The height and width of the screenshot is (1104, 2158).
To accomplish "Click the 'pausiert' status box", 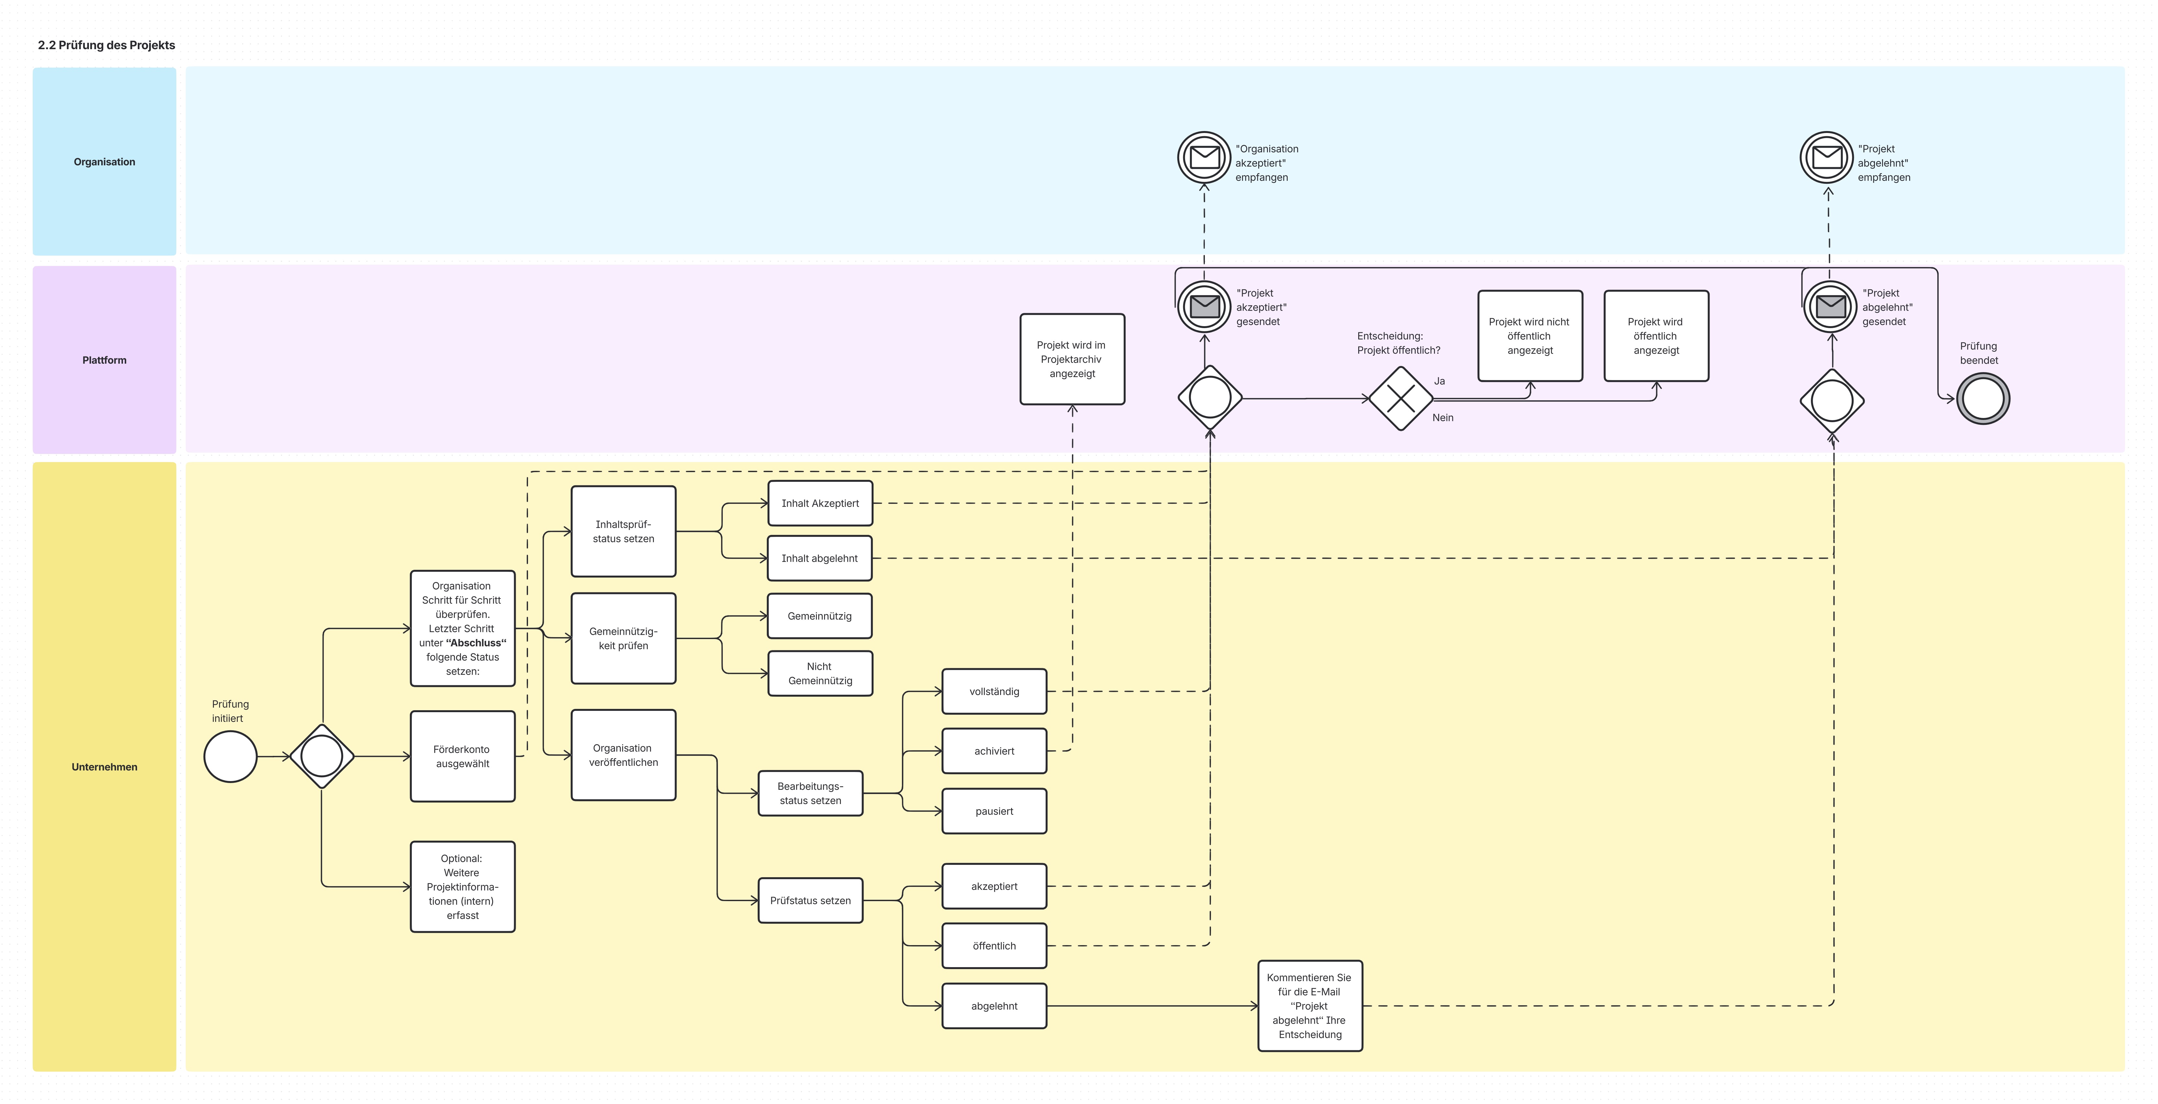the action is [x=994, y=811].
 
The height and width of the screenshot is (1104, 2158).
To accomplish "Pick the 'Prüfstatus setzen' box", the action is [x=810, y=900].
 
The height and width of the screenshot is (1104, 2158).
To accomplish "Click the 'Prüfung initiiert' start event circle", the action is [x=230, y=756].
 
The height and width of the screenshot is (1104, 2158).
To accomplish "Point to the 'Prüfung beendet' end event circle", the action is [x=1983, y=399].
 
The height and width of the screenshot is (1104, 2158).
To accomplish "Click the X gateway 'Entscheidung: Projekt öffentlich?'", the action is [x=1401, y=399].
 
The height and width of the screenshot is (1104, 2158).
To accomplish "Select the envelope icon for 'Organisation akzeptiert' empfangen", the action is [x=1205, y=158].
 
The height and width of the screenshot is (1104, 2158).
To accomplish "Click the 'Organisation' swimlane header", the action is [x=105, y=162].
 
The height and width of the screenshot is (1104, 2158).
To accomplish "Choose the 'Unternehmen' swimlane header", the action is [x=105, y=767].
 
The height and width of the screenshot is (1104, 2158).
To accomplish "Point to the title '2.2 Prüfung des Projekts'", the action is [x=106, y=45].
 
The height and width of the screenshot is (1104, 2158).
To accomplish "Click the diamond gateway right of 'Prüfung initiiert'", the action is [x=322, y=756].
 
